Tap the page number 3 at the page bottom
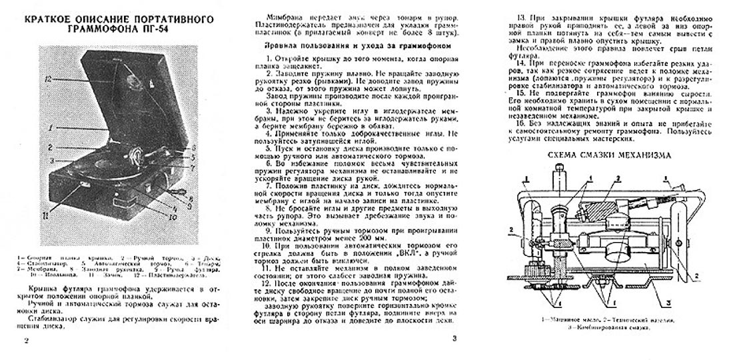pos(454,338)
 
